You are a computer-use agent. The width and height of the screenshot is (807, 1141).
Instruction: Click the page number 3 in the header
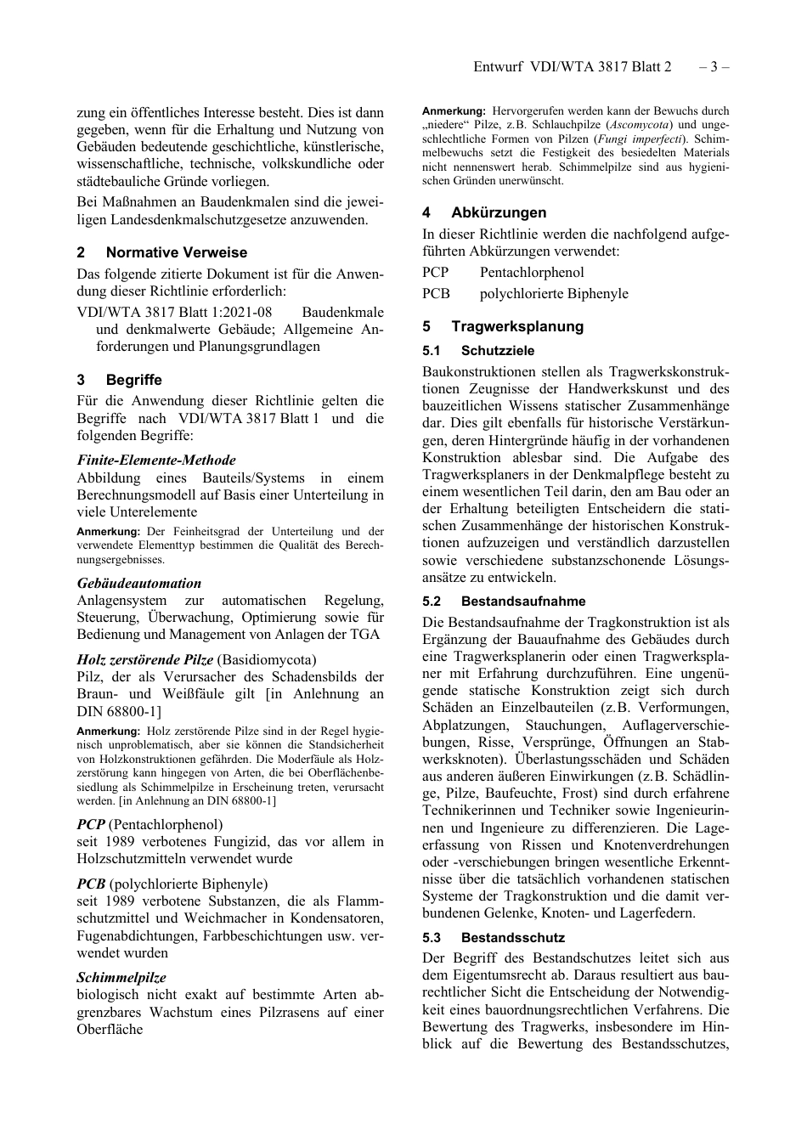click(x=714, y=67)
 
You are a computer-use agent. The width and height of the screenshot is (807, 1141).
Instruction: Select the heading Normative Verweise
click(x=176, y=252)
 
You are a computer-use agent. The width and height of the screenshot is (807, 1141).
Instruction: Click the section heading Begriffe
click(x=133, y=380)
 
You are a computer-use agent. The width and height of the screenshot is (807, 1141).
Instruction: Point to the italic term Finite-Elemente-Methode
click(x=156, y=460)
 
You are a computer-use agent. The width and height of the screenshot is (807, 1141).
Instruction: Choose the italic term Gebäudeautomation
click(x=139, y=584)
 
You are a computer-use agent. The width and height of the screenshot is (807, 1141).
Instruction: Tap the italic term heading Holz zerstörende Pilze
click(x=133, y=660)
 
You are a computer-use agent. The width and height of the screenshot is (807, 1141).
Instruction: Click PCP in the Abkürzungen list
click(x=436, y=273)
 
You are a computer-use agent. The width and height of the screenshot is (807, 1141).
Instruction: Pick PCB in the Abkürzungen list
click(x=436, y=294)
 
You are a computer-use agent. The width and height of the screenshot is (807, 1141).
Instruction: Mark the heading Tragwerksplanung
click(x=517, y=326)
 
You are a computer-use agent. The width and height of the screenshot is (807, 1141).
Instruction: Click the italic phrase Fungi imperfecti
click(x=644, y=138)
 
